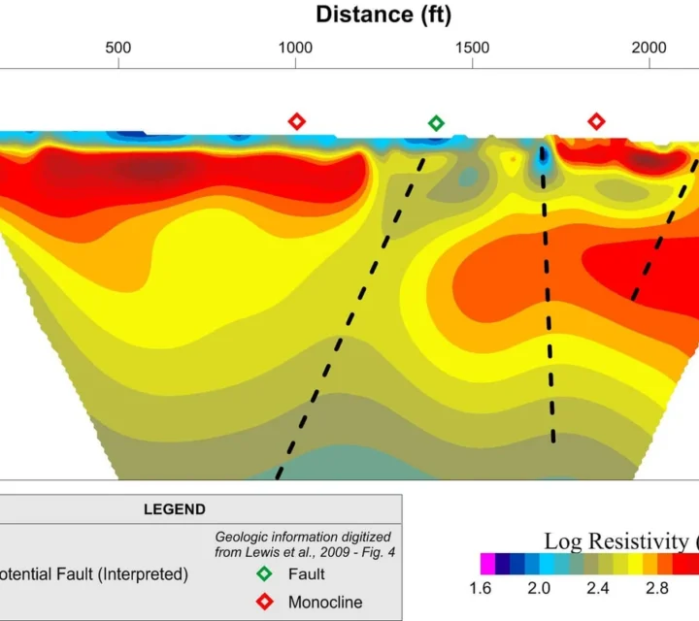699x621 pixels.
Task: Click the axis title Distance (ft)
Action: coord(383,15)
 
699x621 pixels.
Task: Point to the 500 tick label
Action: coord(118,49)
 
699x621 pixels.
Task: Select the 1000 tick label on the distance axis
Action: coord(295,49)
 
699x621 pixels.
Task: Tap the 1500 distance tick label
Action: coord(472,49)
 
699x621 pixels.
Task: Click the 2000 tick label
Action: coord(649,49)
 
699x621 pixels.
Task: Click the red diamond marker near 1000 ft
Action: coord(297,121)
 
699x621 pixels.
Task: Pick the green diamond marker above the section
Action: coord(436,122)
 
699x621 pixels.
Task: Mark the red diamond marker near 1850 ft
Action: coord(596,121)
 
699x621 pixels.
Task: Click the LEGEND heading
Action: coord(175,508)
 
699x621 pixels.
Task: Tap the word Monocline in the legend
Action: coord(325,602)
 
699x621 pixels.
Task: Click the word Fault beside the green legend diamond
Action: coord(307,574)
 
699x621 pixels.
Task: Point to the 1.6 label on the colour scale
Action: coord(480,588)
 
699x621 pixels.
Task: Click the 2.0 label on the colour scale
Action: coord(539,588)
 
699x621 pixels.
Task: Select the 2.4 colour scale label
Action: coord(598,588)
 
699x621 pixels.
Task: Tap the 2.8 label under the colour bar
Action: coord(657,588)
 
